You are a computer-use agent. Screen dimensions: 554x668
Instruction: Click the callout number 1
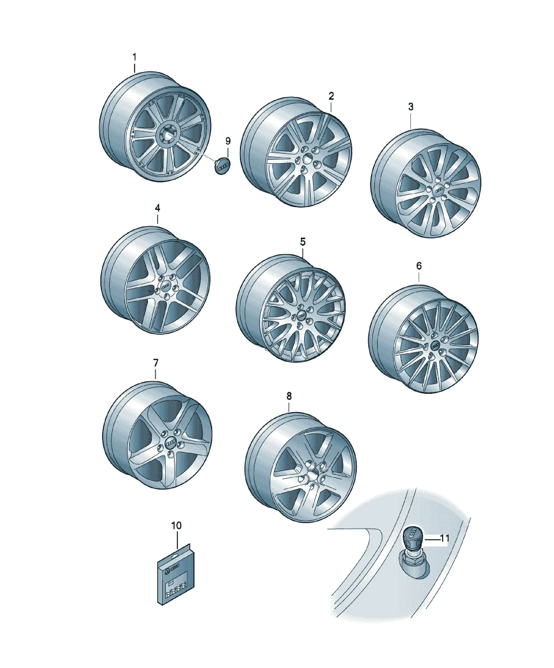(x=134, y=57)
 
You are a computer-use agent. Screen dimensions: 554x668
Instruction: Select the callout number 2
(x=331, y=96)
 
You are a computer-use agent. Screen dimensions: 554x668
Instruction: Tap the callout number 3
(x=411, y=107)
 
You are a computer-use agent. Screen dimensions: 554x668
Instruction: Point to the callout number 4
(x=157, y=208)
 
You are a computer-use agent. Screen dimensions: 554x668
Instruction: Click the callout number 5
(x=303, y=242)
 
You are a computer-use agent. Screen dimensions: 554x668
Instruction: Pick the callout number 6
(x=419, y=266)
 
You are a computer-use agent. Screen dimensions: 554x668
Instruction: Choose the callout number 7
(x=156, y=363)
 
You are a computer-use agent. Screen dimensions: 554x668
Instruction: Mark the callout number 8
(x=289, y=396)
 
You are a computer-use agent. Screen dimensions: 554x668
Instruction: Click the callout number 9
(x=228, y=141)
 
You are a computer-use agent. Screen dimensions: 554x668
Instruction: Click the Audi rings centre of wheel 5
(x=301, y=315)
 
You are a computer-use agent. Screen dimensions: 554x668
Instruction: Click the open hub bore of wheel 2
(x=308, y=158)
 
